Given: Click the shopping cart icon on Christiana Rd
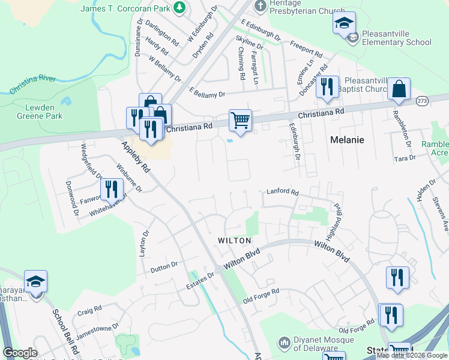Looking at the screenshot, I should coord(240,120).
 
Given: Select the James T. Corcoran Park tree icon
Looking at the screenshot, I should coord(179,7).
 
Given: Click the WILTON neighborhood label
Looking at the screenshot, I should coord(234,240).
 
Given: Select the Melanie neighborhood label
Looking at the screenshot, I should coord(348,139).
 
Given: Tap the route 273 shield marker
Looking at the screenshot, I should coord(422,101).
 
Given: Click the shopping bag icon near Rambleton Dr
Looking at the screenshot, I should coord(399,89).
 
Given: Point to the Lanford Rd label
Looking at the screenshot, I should coord(282,192).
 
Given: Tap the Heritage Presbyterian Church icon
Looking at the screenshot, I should coord(260,6).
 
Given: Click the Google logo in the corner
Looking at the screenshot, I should coord(20,353).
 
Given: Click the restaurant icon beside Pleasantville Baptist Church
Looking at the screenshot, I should coord(327,87).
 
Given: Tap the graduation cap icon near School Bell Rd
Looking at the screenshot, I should coord(36,281).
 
